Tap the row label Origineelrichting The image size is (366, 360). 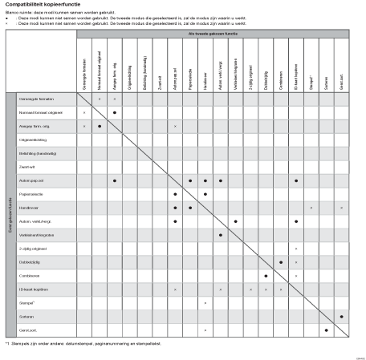32,140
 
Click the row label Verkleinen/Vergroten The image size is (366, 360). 35,235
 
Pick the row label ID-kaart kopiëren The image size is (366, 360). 33,289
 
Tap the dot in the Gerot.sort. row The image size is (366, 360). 327,330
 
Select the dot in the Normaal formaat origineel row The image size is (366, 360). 115,112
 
